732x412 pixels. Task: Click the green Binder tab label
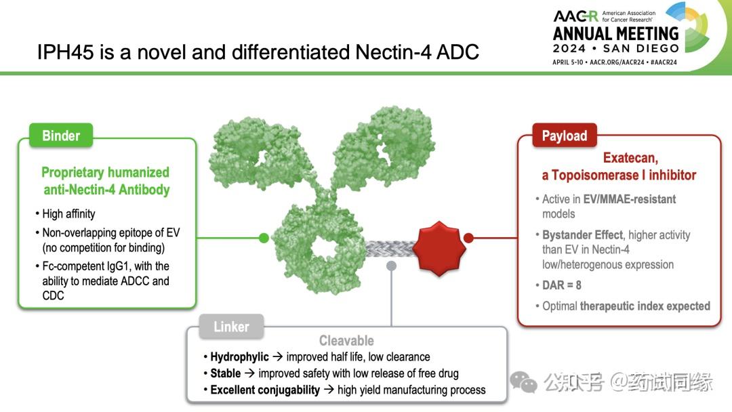tap(61, 136)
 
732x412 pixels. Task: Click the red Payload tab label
tap(564, 136)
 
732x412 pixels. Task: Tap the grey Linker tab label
tap(231, 327)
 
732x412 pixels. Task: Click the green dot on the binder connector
tap(264, 238)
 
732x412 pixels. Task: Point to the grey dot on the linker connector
tap(391, 266)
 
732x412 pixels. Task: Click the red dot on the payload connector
tap(468, 238)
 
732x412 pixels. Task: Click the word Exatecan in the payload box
tap(630, 158)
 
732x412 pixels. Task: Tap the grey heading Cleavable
tap(346, 341)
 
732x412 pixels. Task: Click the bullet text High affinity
tap(68, 214)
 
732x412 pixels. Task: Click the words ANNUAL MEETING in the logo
tap(615, 33)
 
